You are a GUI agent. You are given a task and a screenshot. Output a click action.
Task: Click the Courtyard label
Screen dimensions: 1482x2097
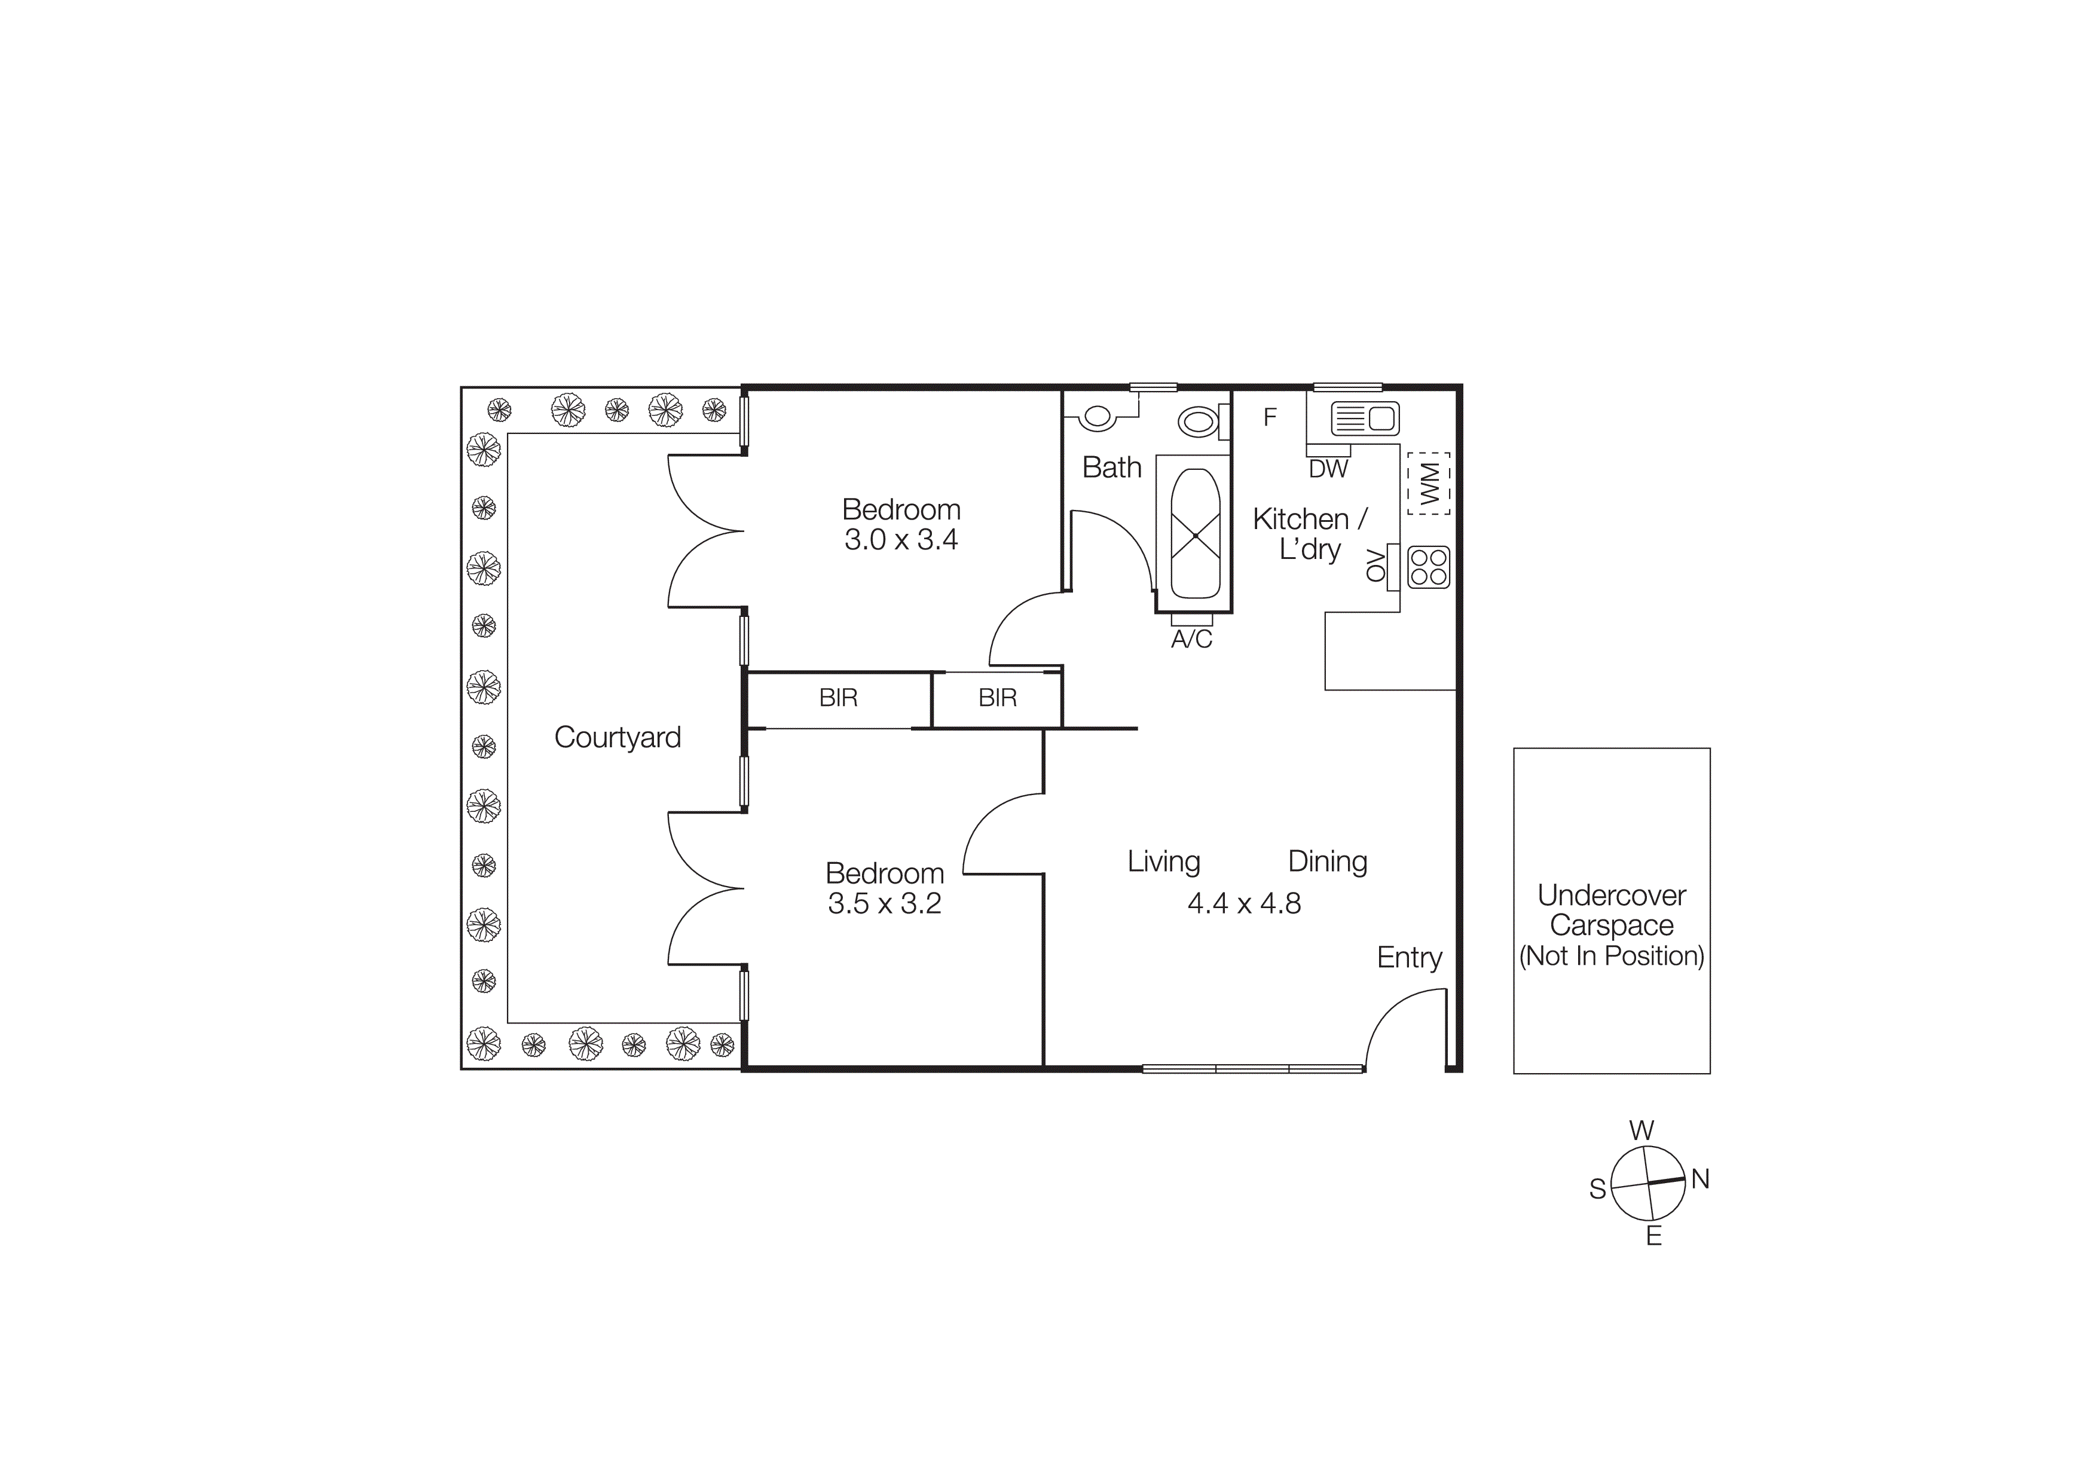(618, 737)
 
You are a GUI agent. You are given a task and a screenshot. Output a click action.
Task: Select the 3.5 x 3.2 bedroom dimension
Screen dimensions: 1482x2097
(884, 903)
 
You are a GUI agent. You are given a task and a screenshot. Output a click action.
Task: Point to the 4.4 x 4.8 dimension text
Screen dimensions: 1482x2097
(1244, 903)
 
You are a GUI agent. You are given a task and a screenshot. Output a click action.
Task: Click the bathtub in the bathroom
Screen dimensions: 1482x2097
(1194, 534)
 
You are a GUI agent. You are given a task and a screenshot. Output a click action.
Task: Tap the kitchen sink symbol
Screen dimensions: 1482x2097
(1365, 419)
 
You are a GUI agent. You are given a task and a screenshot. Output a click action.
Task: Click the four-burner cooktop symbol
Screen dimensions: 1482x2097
(1429, 566)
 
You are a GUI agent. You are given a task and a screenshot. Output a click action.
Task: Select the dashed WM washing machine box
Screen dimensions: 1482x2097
(1429, 483)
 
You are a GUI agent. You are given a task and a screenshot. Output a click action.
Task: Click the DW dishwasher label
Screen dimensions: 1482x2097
(1328, 469)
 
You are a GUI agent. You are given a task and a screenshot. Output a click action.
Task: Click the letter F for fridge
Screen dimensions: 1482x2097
(1270, 417)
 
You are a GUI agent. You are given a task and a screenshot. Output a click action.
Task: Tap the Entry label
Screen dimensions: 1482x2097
(1410, 957)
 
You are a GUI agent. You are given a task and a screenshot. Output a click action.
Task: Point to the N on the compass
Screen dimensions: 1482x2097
(1699, 1179)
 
